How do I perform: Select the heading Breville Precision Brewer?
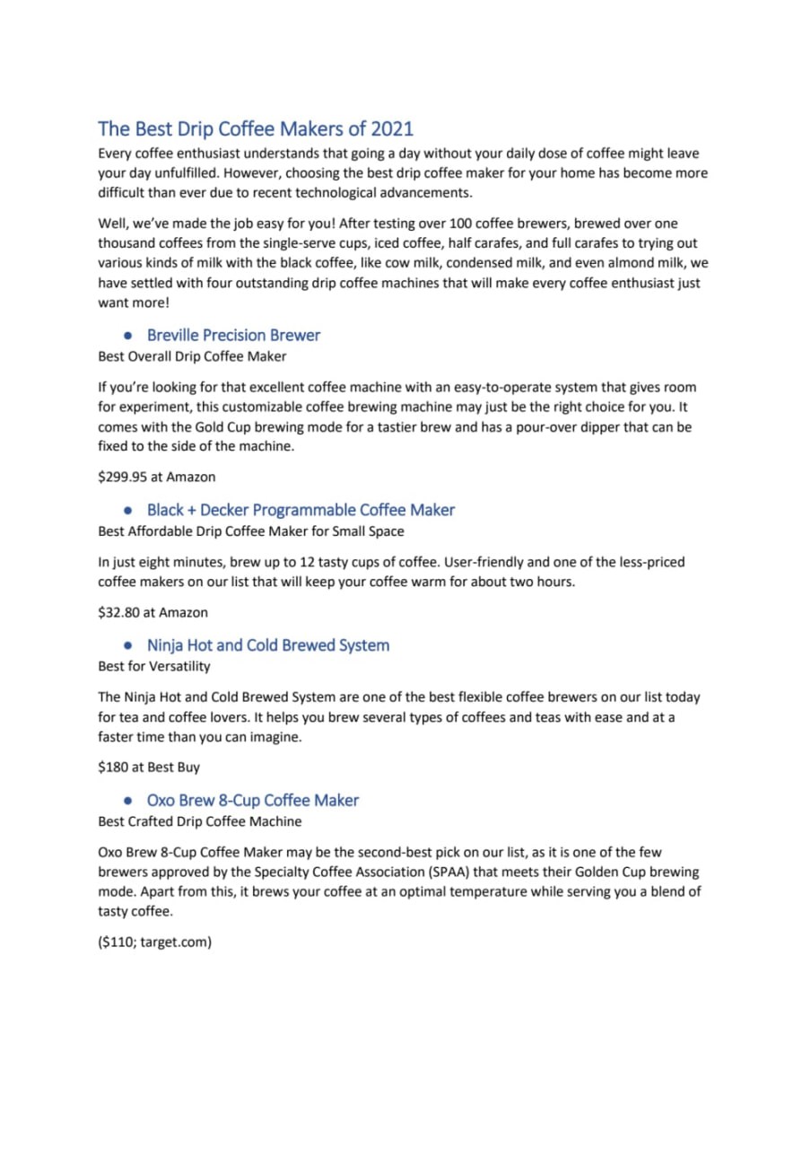pos(233,335)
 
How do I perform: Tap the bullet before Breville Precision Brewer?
pos(129,336)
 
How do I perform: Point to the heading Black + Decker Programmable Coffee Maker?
pos(301,510)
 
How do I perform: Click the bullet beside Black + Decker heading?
pos(129,511)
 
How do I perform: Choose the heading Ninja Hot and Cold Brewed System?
pos(267,645)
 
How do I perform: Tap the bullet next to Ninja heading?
pos(129,646)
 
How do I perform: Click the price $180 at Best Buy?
pos(149,767)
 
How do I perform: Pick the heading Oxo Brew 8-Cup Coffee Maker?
pos(252,800)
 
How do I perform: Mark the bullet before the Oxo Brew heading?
pos(129,801)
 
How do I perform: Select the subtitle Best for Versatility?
pos(153,666)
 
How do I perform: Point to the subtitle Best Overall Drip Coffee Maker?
pos(192,356)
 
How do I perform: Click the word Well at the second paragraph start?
pos(111,224)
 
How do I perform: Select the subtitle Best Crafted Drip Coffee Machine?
pos(199,821)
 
